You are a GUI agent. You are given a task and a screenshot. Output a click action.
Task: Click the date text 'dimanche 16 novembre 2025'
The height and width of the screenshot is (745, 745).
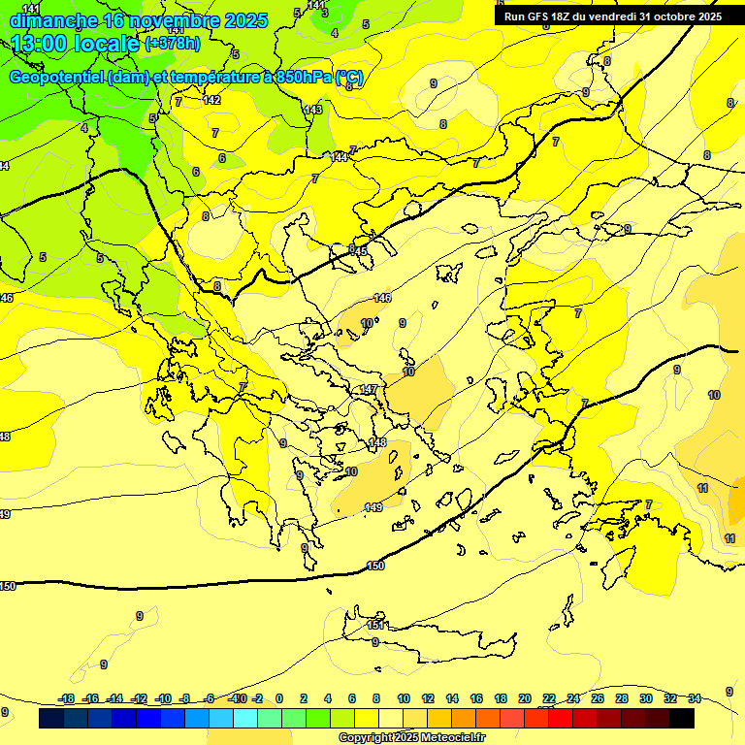tap(138, 20)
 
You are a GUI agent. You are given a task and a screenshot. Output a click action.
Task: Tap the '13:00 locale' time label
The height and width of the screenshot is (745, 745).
tap(75, 44)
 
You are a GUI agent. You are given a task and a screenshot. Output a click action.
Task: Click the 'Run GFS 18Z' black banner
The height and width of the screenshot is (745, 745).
tap(612, 16)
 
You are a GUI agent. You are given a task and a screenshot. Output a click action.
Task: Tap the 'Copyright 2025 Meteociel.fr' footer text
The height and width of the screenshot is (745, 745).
tap(412, 738)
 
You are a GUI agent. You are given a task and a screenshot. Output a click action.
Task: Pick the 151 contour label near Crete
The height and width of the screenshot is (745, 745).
tap(376, 625)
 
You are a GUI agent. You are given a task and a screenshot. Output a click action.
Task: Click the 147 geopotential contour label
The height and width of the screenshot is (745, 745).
tap(369, 389)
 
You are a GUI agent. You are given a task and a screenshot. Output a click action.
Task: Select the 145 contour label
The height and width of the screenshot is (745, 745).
tap(358, 251)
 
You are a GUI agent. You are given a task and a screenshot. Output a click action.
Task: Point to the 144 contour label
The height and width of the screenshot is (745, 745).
tap(339, 156)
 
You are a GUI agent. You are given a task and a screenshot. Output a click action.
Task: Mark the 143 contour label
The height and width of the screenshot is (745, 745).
tap(312, 110)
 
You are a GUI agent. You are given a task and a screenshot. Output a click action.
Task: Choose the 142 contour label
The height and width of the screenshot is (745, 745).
tap(211, 100)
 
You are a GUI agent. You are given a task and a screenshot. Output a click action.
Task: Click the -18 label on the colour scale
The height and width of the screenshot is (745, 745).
tap(66, 698)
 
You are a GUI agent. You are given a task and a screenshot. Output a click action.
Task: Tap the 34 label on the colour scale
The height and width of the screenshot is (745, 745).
tap(695, 698)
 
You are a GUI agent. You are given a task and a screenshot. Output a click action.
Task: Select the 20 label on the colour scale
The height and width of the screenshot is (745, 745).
tap(525, 698)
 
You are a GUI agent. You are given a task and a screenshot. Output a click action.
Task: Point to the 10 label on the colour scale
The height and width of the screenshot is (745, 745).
tap(404, 698)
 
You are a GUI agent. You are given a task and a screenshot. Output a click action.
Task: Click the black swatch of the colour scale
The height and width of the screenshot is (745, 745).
tap(682, 719)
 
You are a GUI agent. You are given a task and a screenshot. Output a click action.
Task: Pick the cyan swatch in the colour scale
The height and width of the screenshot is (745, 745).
tap(245, 719)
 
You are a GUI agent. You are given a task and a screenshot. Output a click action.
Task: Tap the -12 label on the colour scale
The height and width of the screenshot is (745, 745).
tap(139, 698)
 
